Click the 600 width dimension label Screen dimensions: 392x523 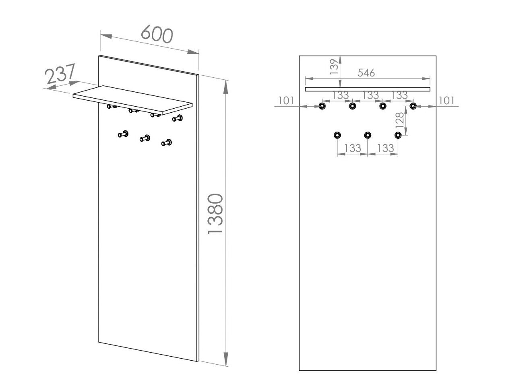(x=157, y=35)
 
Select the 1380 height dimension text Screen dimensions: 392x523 (x=215, y=214)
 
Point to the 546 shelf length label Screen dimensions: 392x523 (x=366, y=73)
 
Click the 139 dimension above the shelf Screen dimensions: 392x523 (x=334, y=67)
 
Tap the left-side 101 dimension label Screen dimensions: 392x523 (x=286, y=100)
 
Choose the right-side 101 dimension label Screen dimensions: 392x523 (x=446, y=100)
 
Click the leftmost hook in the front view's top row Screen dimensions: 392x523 (x=322, y=106)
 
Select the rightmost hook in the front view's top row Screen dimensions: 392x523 (x=413, y=106)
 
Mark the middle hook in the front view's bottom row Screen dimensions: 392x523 (x=368, y=135)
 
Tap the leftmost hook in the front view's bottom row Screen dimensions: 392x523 (x=337, y=135)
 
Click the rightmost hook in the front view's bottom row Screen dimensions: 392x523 (x=398, y=135)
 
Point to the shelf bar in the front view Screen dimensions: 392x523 (x=367, y=89)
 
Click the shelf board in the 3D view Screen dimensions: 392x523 (x=133, y=97)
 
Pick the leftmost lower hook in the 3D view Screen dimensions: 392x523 (x=123, y=134)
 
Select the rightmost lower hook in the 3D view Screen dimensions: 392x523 (x=167, y=142)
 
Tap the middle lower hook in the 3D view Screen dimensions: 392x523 (x=145, y=138)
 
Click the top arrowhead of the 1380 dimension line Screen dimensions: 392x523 (x=226, y=85)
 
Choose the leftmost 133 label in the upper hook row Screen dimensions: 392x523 (x=340, y=95)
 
